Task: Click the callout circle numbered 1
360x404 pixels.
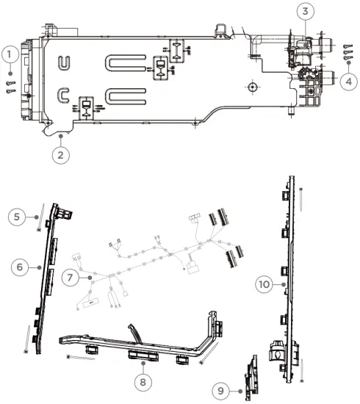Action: click(10, 54)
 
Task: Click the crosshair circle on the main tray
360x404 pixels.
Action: click(252, 86)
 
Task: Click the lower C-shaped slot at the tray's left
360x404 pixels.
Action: click(64, 95)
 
